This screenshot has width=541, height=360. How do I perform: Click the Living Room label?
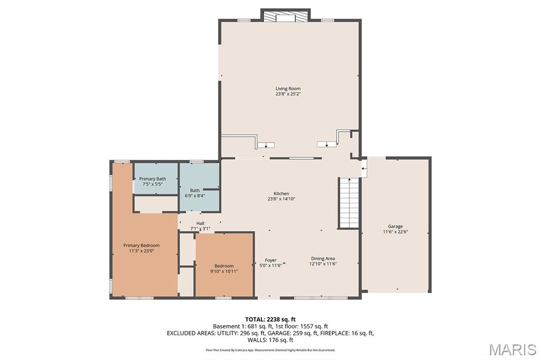pyautogui.click(x=288, y=89)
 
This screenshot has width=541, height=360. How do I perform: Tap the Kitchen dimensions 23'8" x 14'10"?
pyautogui.click(x=281, y=199)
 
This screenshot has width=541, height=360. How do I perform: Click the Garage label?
pyautogui.click(x=395, y=226)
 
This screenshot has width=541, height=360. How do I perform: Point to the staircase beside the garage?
pyautogui.click(x=349, y=203)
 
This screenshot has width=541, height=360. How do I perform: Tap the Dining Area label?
pyautogui.click(x=323, y=259)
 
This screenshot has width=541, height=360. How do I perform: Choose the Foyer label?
pyautogui.click(x=270, y=260)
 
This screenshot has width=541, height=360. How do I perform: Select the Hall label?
pyautogui.click(x=200, y=223)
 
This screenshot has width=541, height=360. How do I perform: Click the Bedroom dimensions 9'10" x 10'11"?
pyautogui.click(x=224, y=271)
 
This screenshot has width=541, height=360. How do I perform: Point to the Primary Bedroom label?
pyautogui.click(x=142, y=245)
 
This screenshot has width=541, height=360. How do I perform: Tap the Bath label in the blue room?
pyautogui.click(x=195, y=191)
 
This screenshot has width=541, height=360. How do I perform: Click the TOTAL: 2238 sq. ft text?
pyautogui.click(x=270, y=319)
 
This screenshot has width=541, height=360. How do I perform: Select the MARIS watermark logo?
pyautogui.click(x=512, y=349)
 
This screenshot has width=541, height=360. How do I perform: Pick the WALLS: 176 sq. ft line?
pyautogui.click(x=270, y=340)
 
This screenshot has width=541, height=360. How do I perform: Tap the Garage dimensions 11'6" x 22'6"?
pyautogui.click(x=395, y=232)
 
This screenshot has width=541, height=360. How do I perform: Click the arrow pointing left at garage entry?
pyautogui.click(x=363, y=168)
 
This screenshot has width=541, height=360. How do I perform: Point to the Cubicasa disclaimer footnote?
pyautogui.click(x=270, y=350)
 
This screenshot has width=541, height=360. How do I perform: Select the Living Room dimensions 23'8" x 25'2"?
pyautogui.click(x=288, y=94)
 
